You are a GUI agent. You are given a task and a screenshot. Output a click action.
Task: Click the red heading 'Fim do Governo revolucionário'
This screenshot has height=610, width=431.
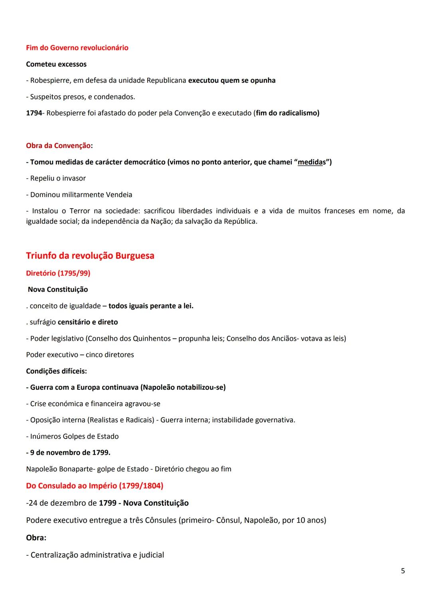[x=77, y=48]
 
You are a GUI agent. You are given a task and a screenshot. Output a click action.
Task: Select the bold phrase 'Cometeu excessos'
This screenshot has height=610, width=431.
[x=56, y=64]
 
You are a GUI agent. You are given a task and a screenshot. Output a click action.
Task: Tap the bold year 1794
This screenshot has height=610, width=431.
[x=34, y=113]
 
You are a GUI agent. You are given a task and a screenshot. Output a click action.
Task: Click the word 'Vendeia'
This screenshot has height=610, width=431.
[x=119, y=195]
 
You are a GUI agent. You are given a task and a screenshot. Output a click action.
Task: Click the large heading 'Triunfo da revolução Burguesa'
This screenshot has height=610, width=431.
[x=90, y=256]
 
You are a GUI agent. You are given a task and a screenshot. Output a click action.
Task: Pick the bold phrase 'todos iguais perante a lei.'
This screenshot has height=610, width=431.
[x=151, y=306]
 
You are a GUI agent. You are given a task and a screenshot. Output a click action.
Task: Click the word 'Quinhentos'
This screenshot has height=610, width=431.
[x=152, y=339]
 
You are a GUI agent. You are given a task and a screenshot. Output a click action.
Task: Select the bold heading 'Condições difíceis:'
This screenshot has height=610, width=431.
[x=56, y=371]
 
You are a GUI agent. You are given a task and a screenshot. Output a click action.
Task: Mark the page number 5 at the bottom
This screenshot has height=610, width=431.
[x=403, y=571]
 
